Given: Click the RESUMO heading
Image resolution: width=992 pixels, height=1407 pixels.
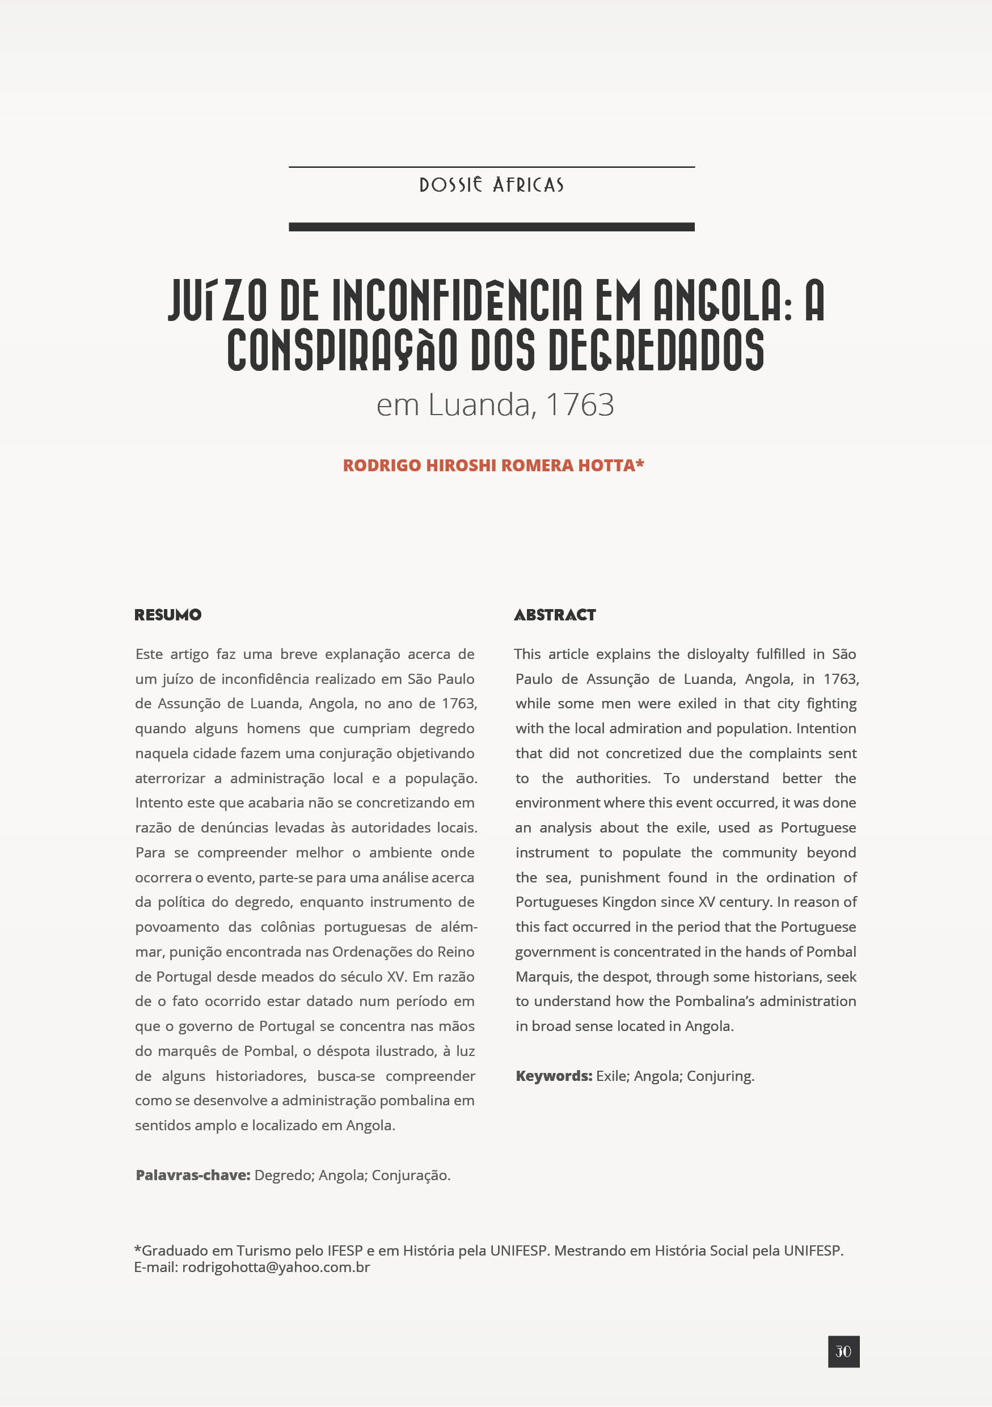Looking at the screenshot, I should coord(168,615).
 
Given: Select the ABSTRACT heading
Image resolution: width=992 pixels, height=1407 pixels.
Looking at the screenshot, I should coord(555,615).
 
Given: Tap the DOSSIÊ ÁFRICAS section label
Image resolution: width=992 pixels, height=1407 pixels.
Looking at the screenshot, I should coord(491,184).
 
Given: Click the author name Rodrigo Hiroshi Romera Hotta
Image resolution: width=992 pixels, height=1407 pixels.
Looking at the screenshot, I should coord(493,465).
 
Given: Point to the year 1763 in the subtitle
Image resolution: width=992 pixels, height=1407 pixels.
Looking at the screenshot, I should coord(580,404).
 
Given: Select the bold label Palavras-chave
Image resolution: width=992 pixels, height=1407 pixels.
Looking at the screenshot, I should coord(193,1174).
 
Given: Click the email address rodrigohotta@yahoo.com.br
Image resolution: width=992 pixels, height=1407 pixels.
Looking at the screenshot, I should coord(276,1267).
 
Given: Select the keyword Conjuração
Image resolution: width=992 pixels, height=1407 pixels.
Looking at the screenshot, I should coord(411,1174).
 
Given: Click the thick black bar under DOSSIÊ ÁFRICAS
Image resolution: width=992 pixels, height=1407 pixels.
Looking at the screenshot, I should coord(491,227).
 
